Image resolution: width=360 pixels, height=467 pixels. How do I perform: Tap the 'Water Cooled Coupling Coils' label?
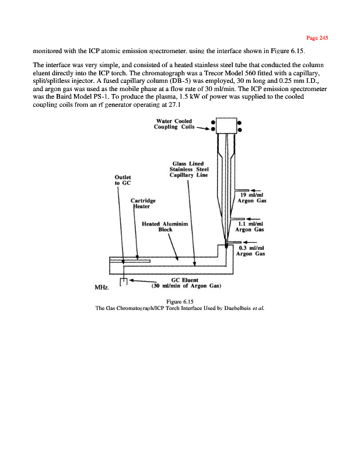point(173,124)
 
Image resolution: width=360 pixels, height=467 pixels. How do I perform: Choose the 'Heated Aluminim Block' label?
point(167,226)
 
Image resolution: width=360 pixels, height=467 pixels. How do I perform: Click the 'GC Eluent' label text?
point(187,280)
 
